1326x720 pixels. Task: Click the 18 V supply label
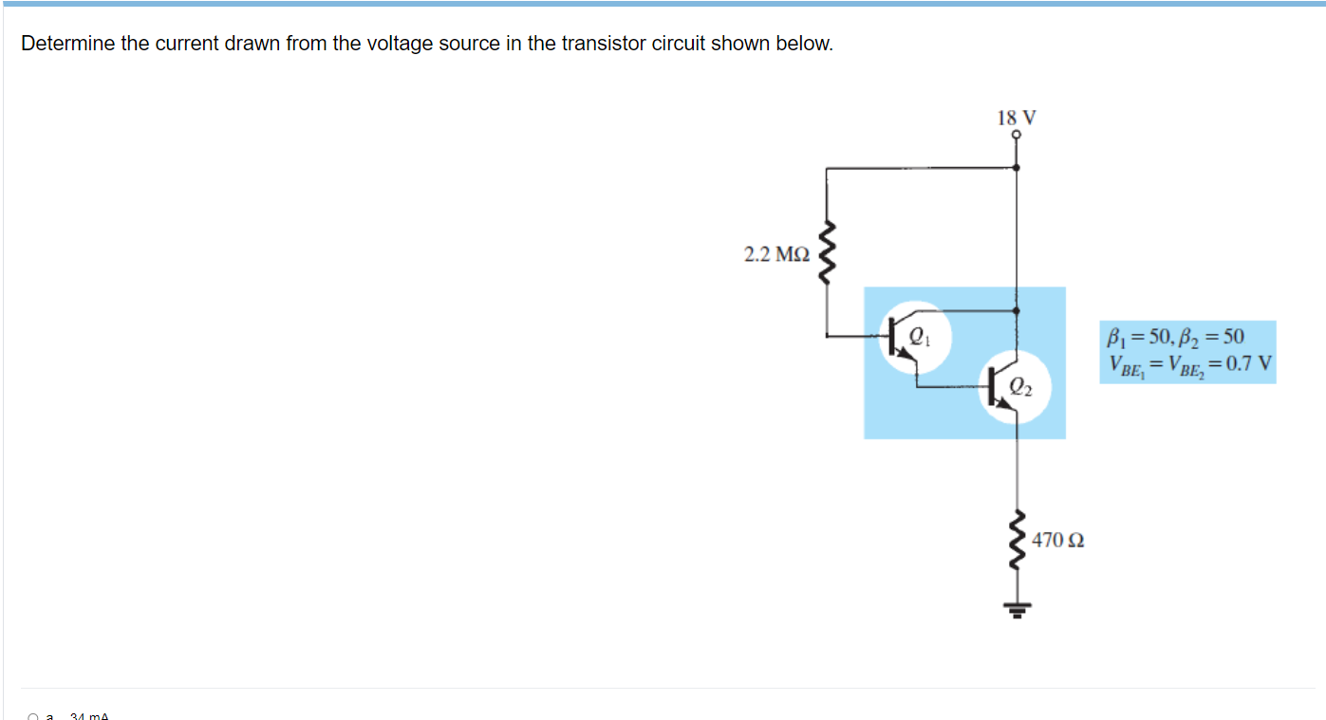pyautogui.click(x=1017, y=118)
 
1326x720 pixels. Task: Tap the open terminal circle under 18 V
pyautogui.click(x=1017, y=136)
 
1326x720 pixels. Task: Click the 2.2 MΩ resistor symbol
pyautogui.click(x=827, y=254)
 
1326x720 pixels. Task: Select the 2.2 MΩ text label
pyautogui.click(x=776, y=254)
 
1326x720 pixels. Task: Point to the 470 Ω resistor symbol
pyautogui.click(x=1018, y=540)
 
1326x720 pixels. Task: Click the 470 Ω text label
pyautogui.click(x=1058, y=541)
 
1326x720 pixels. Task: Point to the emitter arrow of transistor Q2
pyautogui.click(x=1004, y=404)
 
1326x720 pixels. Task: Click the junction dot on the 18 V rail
pyautogui.click(x=1017, y=167)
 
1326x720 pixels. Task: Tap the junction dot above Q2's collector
pyautogui.click(x=1017, y=309)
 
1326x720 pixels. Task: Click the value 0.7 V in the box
pyautogui.click(x=1248, y=364)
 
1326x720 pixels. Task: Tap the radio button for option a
pyautogui.click(x=32, y=717)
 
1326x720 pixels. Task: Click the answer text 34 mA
pyautogui.click(x=89, y=716)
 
